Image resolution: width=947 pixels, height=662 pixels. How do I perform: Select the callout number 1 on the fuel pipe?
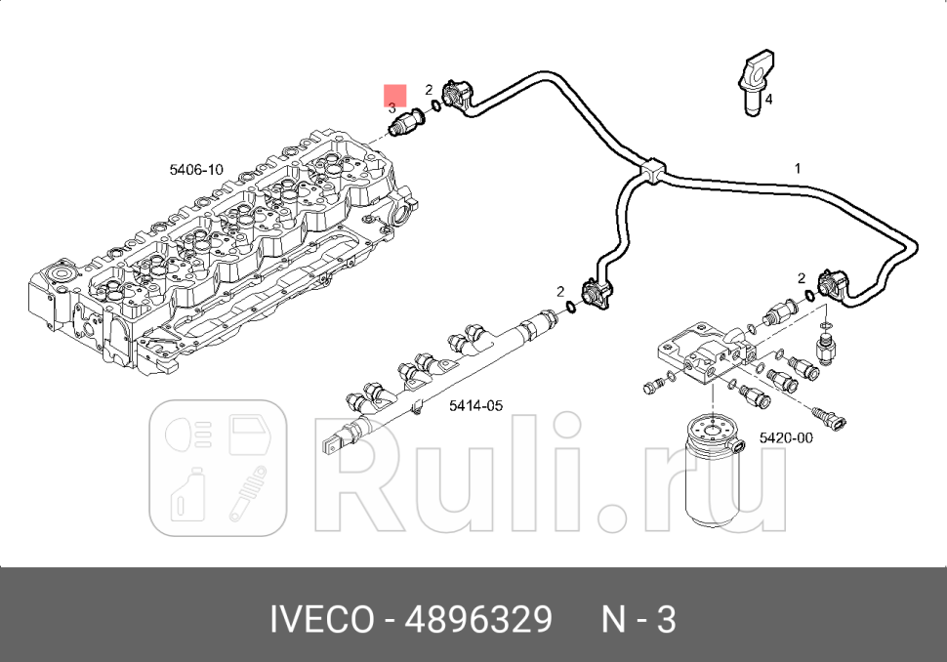point(797,169)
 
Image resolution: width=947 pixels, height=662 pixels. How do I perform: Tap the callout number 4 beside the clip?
point(768,100)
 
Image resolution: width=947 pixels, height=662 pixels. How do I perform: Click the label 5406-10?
point(195,170)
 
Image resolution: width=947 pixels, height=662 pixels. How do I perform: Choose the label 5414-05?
point(475,405)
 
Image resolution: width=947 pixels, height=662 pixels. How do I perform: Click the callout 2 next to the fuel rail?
point(560,291)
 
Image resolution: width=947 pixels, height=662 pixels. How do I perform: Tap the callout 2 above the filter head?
point(801,278)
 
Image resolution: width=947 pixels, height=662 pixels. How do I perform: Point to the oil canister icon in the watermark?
point(185,497)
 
